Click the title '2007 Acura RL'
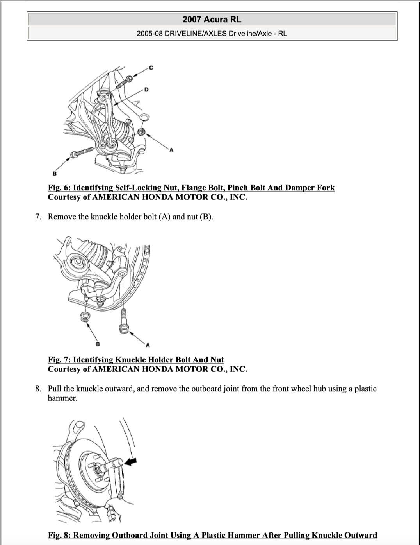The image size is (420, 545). point(212,19)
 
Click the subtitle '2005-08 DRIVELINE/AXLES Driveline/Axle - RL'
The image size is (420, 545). point(212,33)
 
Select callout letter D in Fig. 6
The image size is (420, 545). point(146,90)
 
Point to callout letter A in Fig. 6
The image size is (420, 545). point(171,150)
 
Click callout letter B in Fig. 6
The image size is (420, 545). point(54,173)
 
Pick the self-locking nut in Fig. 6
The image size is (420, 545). point(142,132)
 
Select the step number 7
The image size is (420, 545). point(38,217)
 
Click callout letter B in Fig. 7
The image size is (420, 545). point(98,344)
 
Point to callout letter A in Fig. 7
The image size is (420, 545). point(148,345)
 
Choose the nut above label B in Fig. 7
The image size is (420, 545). point(84,316)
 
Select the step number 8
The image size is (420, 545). point(38,389)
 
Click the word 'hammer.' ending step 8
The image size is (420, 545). point(62,398)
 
